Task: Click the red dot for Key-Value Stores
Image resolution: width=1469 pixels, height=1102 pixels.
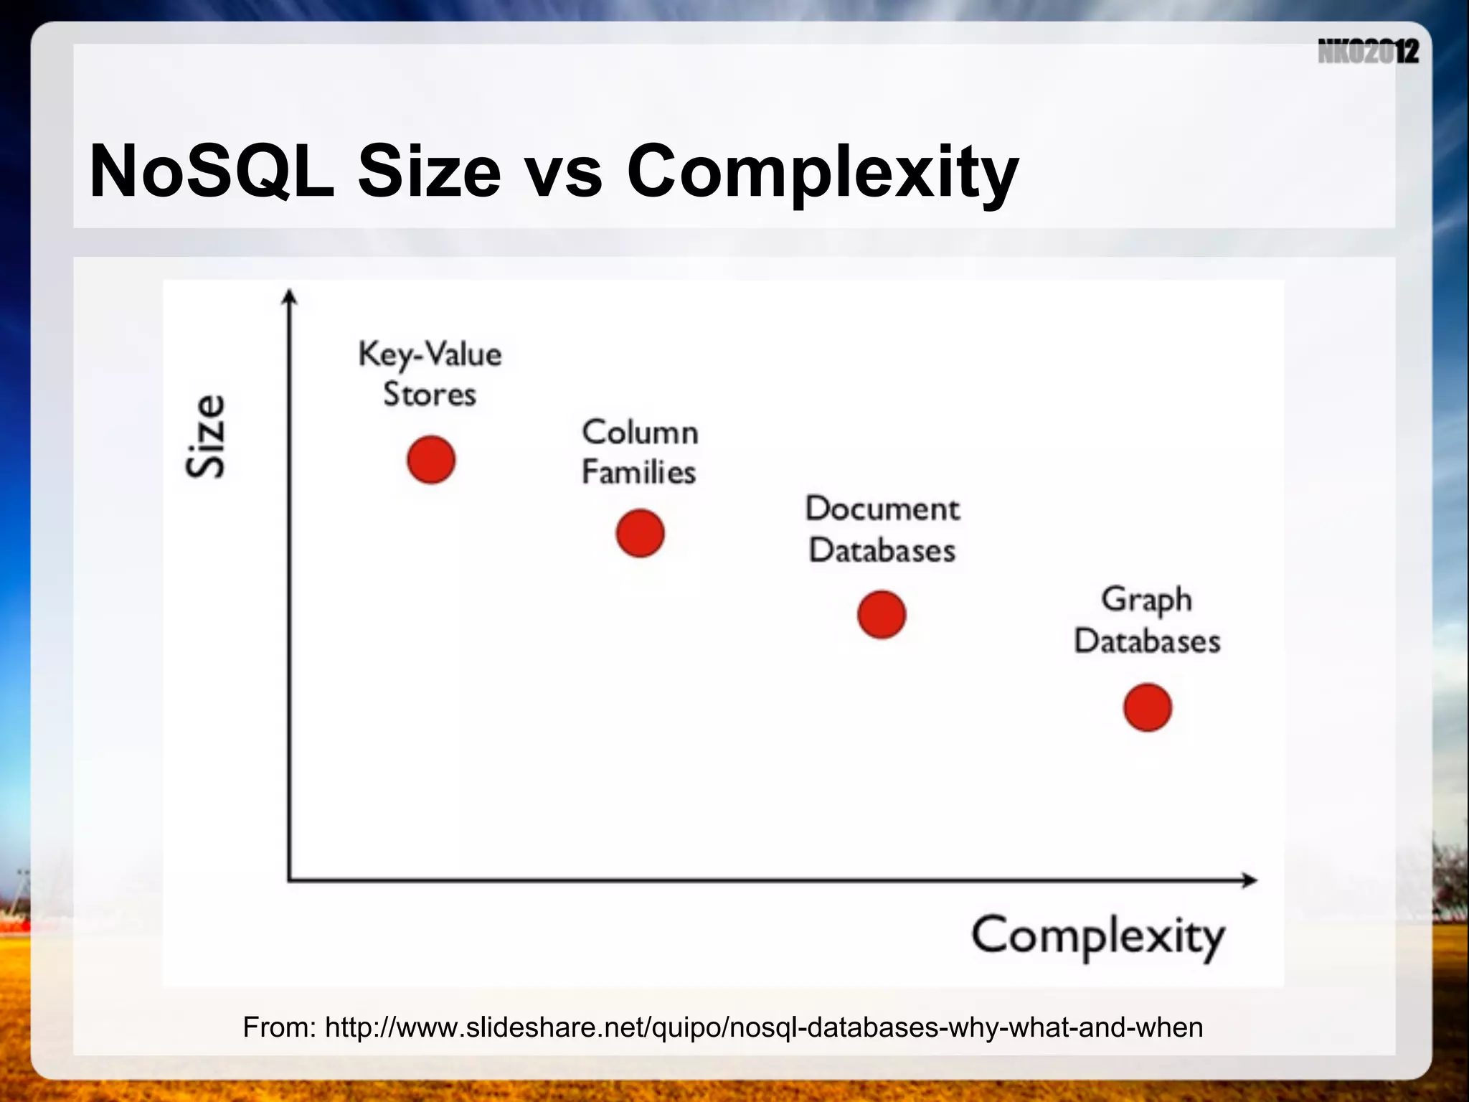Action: (431, 460)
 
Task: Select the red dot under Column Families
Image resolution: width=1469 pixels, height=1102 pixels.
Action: (640, 533)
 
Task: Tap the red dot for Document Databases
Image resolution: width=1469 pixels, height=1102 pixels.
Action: (882, 615)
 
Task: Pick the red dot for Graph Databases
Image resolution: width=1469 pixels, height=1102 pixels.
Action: (1148, 707)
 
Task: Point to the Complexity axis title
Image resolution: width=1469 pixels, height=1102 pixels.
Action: (1097, 937)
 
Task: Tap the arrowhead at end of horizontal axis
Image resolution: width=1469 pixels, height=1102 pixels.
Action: (1249, 880)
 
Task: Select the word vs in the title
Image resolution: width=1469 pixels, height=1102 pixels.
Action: (564, 172)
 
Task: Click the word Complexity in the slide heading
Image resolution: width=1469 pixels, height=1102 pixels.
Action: (822, 172)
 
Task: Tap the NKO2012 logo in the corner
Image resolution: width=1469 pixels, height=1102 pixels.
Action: (1368, 52)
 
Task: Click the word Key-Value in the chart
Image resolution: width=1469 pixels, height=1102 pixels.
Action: (430, 355)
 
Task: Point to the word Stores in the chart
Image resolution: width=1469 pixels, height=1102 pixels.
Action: (430, 395)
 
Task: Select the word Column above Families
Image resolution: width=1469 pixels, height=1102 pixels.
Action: (640, 433)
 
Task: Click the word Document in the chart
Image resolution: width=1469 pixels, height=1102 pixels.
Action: (882, 509)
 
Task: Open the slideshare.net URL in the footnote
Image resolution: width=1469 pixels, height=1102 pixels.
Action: (763, 1027)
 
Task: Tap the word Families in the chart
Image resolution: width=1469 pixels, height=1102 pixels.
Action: (638, 473)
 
